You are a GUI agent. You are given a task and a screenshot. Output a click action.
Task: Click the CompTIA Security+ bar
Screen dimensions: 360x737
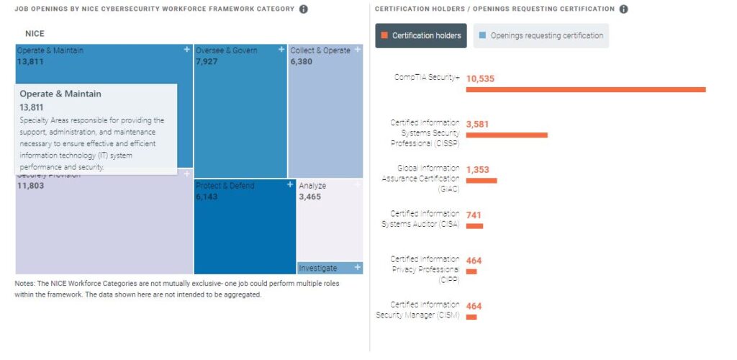pyautogui.click(x=585, y=89)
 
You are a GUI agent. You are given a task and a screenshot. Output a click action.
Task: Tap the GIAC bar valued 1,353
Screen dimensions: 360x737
pyautogui.click(x=481, y=180)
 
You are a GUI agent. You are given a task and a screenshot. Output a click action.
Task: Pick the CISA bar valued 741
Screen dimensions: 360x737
pyautogui.click(x=474, y=225)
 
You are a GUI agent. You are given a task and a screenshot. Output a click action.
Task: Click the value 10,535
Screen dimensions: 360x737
pyautogui.click(x=480, y=78)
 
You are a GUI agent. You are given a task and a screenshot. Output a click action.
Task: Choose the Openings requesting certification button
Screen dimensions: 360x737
pyautogui.click(x=541, y=35)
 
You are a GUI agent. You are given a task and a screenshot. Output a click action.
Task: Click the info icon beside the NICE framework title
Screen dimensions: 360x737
pyautogui.click(x=303, y=9)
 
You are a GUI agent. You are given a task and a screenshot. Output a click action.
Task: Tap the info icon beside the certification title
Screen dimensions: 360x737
pyautogui.click(x=623, y=9)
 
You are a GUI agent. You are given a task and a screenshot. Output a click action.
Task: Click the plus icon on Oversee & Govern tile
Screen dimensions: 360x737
pyautogui.click(x=281, y=50)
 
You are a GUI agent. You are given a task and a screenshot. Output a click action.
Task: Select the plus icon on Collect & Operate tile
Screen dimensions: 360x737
pyautogui.click(x=358, y=50)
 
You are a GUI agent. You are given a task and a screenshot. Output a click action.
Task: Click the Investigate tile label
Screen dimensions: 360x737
pyautogui.click(x=318, y=268)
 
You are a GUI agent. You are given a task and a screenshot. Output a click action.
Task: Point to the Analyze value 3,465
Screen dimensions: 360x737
pyautogui.click(x=312, y=197)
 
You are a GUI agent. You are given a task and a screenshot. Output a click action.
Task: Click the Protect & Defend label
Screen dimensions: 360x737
pyautogui.click(x=225, y=186)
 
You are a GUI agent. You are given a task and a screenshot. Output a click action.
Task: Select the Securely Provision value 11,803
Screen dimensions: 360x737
pyautogui.click(x=31, y=186)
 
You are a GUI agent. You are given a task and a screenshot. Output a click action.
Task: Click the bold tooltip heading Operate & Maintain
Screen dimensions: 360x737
pyautogui.click(x=60, y=94)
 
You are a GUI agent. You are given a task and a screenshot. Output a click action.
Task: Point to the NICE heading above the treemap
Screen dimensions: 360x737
pyautogui.click(x=35, y=34)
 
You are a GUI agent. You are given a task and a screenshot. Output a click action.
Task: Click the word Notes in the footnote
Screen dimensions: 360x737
pyautogui.click(x=24, y=283)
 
